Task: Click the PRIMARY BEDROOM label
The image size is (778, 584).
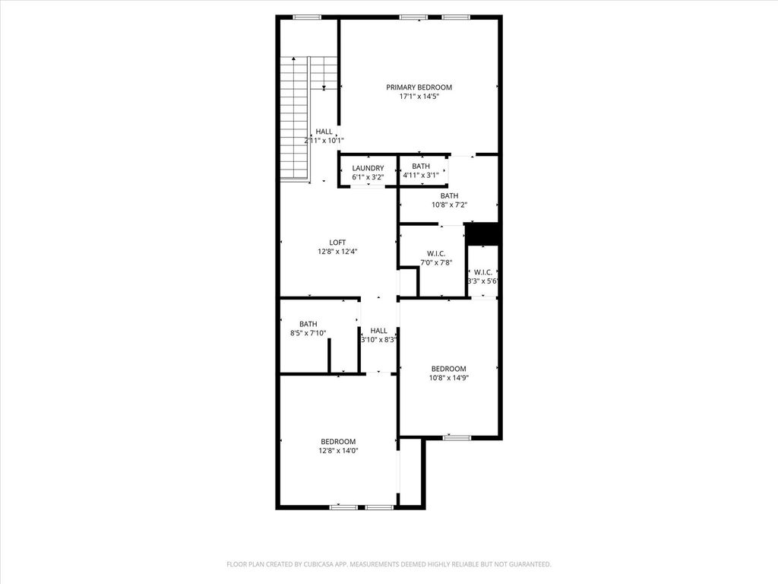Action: [x=419, y=87]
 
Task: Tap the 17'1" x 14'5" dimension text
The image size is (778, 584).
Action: [x=419, y=97]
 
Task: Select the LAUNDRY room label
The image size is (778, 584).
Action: [x=368, y=168]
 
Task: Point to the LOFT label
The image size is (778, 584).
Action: [x=337, y=243]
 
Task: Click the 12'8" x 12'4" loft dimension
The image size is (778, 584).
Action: [x=337, y=251]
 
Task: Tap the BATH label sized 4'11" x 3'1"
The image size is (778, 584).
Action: [x=421, y=166]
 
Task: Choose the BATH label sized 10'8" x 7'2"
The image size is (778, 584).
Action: [x=450, y=195]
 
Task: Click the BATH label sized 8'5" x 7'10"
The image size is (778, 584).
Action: [x=308, y=324]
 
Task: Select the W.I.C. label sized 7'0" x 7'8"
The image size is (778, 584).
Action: [x=436, y=254]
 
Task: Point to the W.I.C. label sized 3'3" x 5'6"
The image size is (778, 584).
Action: [x=483, y=272]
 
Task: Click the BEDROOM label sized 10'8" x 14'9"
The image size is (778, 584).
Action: [x=448, y=369]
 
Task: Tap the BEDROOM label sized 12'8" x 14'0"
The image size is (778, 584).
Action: [x=338, y=442]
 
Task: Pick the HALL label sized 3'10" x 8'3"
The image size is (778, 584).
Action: [x=378, y=331]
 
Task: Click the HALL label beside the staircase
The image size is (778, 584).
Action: [x=324, y=132]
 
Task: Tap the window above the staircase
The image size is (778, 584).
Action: [x=307, y=17]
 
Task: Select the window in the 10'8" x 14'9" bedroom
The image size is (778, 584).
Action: [x=457, y=437]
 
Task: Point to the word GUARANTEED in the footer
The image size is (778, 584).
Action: [x=530, y=564]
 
